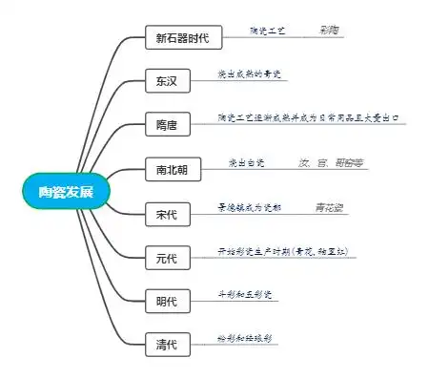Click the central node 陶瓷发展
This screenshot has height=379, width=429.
pos(67,190)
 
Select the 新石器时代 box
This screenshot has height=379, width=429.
pos(183,39)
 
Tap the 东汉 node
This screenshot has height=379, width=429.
pos(167,81)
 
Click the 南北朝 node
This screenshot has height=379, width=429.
pos(173,170)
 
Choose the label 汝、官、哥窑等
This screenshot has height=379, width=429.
pos(332,162)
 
